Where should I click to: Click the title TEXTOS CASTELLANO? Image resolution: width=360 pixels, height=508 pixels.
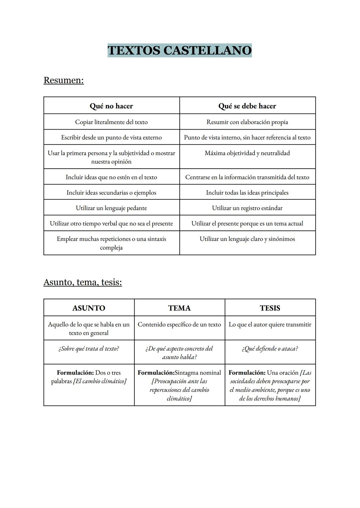(180, 50)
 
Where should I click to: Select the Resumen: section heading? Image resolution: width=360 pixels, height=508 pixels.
(64, 80)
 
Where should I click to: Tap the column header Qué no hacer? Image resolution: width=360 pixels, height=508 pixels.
(111, 106)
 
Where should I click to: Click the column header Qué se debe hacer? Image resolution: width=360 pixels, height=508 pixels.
(247, 106)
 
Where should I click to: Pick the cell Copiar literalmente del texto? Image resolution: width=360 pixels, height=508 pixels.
(111, 122)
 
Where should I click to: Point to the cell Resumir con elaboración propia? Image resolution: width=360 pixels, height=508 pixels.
(247, 122)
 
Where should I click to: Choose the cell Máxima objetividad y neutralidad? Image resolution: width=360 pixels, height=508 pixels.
(247, 153)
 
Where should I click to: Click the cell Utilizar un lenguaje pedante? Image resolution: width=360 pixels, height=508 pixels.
(111, 208)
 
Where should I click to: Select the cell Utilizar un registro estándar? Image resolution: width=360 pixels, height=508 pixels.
(247, 208)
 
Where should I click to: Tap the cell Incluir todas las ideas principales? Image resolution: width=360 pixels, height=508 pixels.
(247, 193)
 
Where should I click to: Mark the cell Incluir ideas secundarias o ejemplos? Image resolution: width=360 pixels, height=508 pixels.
(111, 193)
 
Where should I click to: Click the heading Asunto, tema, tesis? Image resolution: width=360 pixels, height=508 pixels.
(83, 282)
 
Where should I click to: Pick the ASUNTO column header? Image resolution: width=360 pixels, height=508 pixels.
(89, 308)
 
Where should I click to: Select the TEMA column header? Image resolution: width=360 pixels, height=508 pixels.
(179, 308)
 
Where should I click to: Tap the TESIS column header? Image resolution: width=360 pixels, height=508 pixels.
(270, 308)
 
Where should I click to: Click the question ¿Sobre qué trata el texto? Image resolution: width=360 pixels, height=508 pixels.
(89, 348)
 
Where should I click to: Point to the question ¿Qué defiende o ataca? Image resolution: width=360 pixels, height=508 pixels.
(270, 348)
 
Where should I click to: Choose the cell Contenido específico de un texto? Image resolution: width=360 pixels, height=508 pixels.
(179, 324)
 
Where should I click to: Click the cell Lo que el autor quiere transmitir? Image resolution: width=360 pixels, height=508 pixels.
(270, 324)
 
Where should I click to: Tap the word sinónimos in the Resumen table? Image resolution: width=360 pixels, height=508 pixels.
(282, 239)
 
